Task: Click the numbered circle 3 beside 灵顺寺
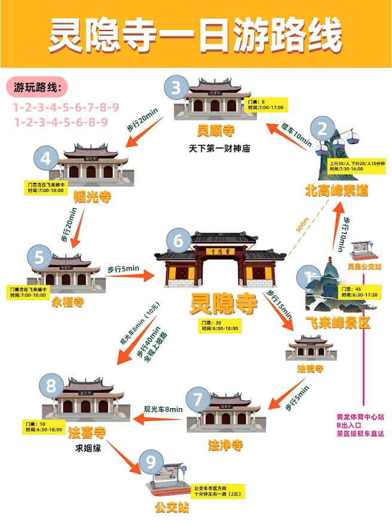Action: pos(176,88)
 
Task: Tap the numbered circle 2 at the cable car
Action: pos(323,128)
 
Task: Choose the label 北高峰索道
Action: pos(336,191)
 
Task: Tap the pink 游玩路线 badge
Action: pos(41,88)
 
